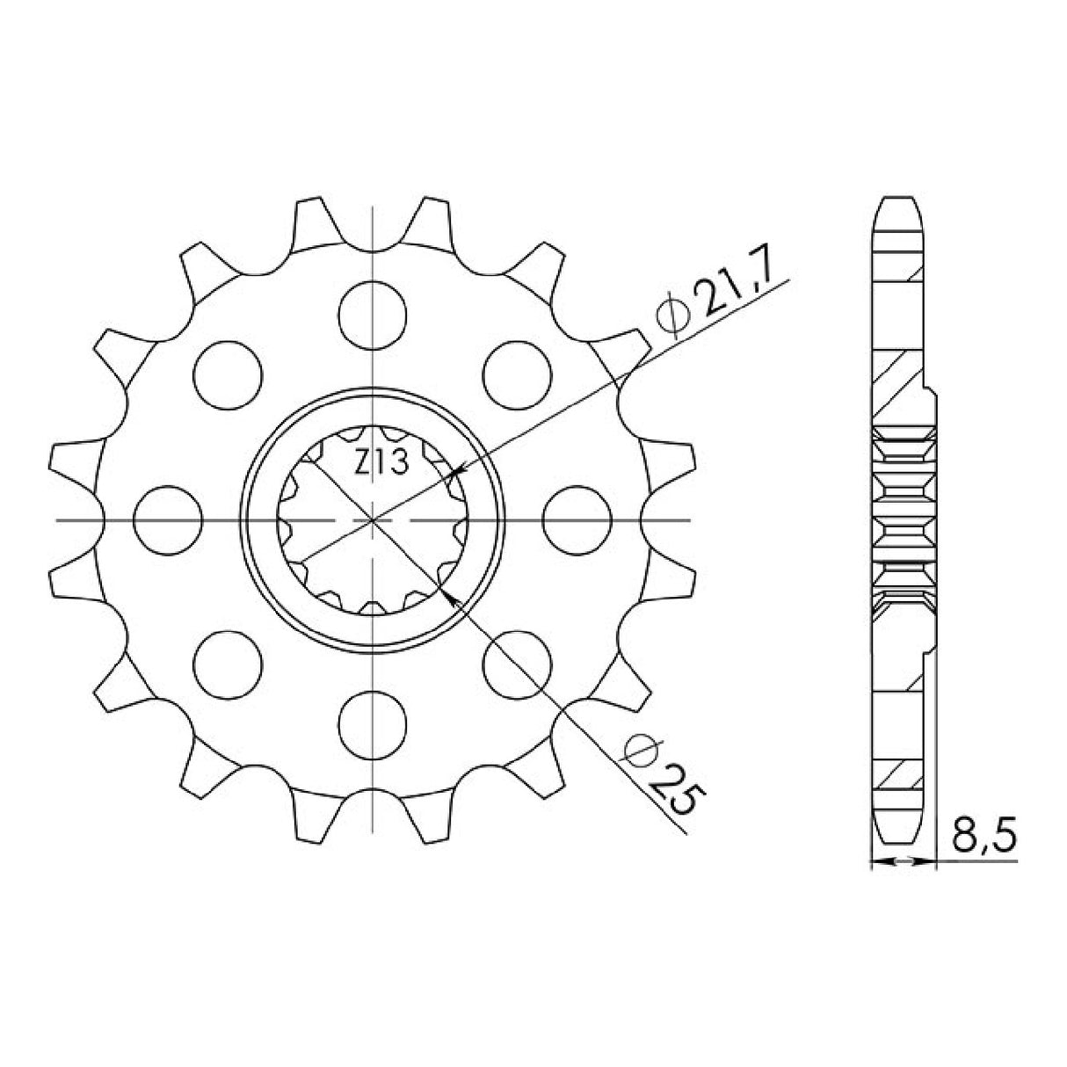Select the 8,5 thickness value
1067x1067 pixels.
[x=982, y=838]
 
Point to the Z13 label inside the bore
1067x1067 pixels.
[x=381, y=461]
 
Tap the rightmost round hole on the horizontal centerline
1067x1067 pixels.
[x=577, y=520]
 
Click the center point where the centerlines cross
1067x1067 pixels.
[x=374, y=520]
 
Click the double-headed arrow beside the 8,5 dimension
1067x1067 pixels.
[x=901, y=864]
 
